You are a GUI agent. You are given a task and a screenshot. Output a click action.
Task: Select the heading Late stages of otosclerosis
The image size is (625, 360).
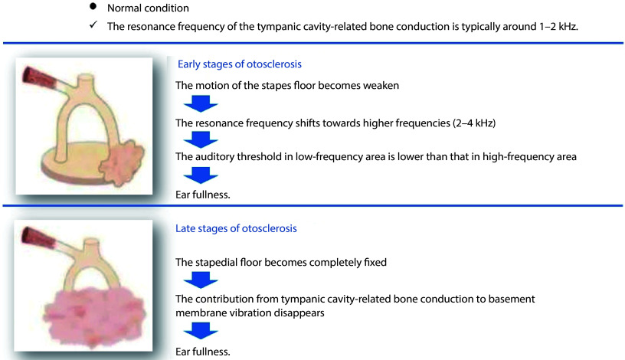(237, 228)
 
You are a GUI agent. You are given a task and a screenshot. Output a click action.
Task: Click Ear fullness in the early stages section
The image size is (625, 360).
(204, 194)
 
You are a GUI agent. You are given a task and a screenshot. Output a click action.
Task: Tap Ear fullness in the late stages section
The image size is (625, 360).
(204, 352)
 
